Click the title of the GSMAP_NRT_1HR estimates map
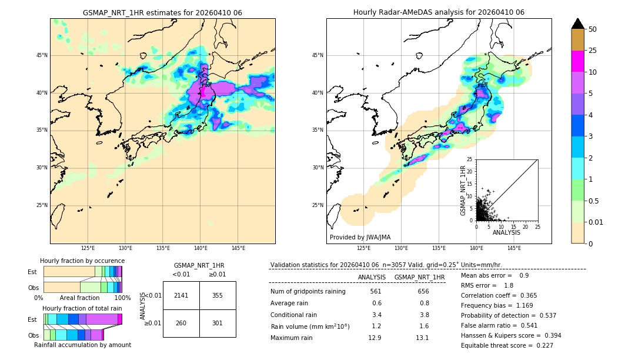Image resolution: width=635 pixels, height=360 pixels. click(x=162, y=12)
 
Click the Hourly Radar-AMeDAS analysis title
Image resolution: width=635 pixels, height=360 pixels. click(x=439, y=12)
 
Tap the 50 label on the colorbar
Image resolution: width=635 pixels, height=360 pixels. click(x=593, y=29)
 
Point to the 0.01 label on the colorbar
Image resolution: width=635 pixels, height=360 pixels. click(x=596, y=222)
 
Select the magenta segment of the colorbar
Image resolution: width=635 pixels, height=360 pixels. click(x=577, y=61)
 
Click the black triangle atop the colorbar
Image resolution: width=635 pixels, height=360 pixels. click(x=577, y=24)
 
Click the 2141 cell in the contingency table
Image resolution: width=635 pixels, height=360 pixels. click(x=181, y=295)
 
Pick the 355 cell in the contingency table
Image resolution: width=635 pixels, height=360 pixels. click(x=218, y=295)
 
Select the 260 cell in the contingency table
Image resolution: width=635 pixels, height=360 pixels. click(x=181, y=322)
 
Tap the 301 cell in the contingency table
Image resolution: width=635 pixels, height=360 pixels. click(x=218, y=322)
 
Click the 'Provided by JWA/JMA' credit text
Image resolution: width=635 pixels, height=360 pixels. click(x=360, y=237)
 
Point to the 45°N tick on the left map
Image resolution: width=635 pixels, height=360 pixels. click(x=42, y=55)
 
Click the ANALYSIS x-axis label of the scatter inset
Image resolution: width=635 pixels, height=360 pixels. click(x=506, y=232)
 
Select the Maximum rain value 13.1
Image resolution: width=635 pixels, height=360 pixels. click(x=422, y=338)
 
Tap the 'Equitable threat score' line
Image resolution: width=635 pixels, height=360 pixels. click(x=507, y=345)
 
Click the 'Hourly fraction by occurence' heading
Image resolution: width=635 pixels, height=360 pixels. click(x=82, y=261)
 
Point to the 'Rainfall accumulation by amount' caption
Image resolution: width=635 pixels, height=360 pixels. click(x=82, y=345)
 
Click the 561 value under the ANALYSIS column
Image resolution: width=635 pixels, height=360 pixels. click(x=376, y=291)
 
